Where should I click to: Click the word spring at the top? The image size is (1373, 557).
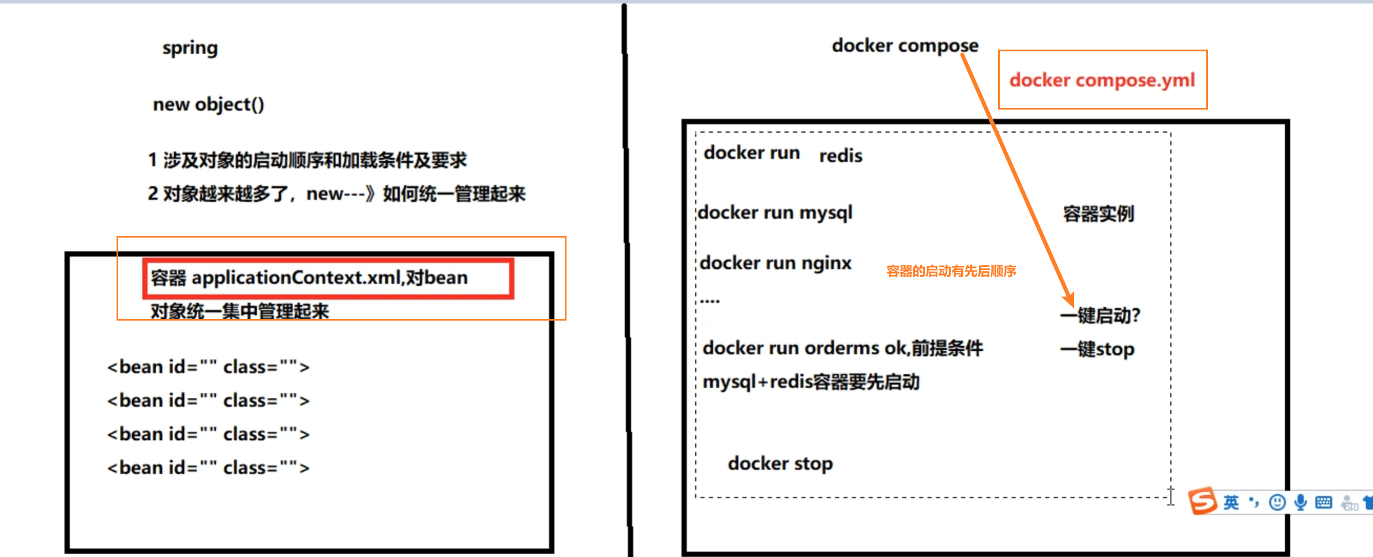tap(190, 47)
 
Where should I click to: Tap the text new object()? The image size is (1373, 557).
tap(208, 104)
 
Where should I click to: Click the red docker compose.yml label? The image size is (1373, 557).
tap(1102, 80)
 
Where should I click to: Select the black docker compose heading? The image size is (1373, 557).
tap(905, 46)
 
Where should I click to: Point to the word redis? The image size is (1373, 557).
tap(841, 156)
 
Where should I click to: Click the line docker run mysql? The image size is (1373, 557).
tap(775, 213)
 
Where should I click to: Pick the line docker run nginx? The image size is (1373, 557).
tap(775, 263)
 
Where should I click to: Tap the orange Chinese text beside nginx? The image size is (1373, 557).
tap(951, 271)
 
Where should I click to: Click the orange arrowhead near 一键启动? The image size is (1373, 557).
tap(1069, 299)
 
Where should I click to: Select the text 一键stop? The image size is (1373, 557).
tap(1097, 349)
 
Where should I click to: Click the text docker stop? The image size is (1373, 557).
tap(780, 464)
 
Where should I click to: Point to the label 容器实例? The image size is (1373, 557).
tap(1098, 214)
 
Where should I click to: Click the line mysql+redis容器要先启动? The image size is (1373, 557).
tap(811, 382)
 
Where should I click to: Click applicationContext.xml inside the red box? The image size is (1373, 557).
tap(296, 278)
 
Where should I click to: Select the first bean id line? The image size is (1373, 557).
tap(208, 367)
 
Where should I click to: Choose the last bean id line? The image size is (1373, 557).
tap(208, 468)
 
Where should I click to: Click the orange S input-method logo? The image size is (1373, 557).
tap(1203, 501)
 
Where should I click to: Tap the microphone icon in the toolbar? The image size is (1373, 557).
tap(1300, 502)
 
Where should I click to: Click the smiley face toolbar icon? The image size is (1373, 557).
tap(1277, 502)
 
